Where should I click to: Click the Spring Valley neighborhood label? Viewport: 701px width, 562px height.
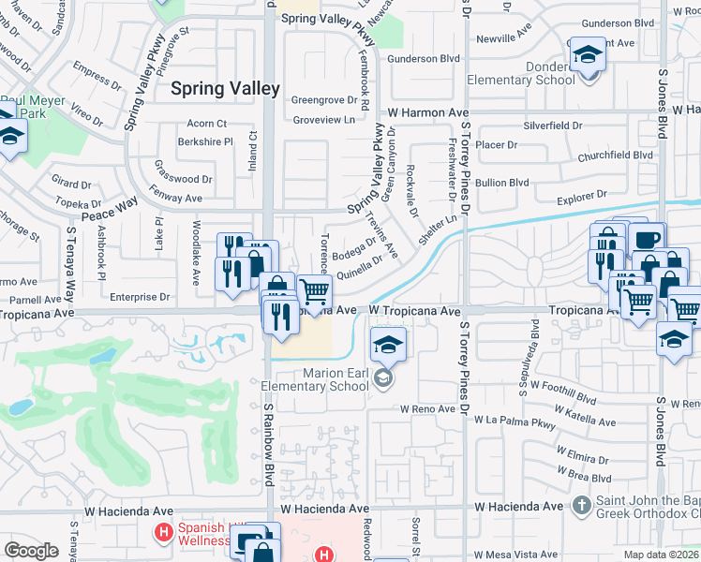(225, 89)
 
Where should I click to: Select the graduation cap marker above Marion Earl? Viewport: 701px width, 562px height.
(388, 344)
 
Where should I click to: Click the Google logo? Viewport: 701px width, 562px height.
(31, 551)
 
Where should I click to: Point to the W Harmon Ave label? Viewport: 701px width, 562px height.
(428, 112)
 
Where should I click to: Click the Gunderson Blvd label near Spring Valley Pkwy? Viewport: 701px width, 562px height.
(424, 58)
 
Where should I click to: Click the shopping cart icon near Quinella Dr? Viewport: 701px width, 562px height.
(315, 291)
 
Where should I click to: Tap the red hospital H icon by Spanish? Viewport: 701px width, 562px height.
(163, 533)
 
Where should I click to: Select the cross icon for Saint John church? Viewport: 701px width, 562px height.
(582, 507)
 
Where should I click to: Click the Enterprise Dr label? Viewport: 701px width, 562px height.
(138, 296)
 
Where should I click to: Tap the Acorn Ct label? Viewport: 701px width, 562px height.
(207, 124)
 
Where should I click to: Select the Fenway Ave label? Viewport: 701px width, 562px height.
(178, 199)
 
